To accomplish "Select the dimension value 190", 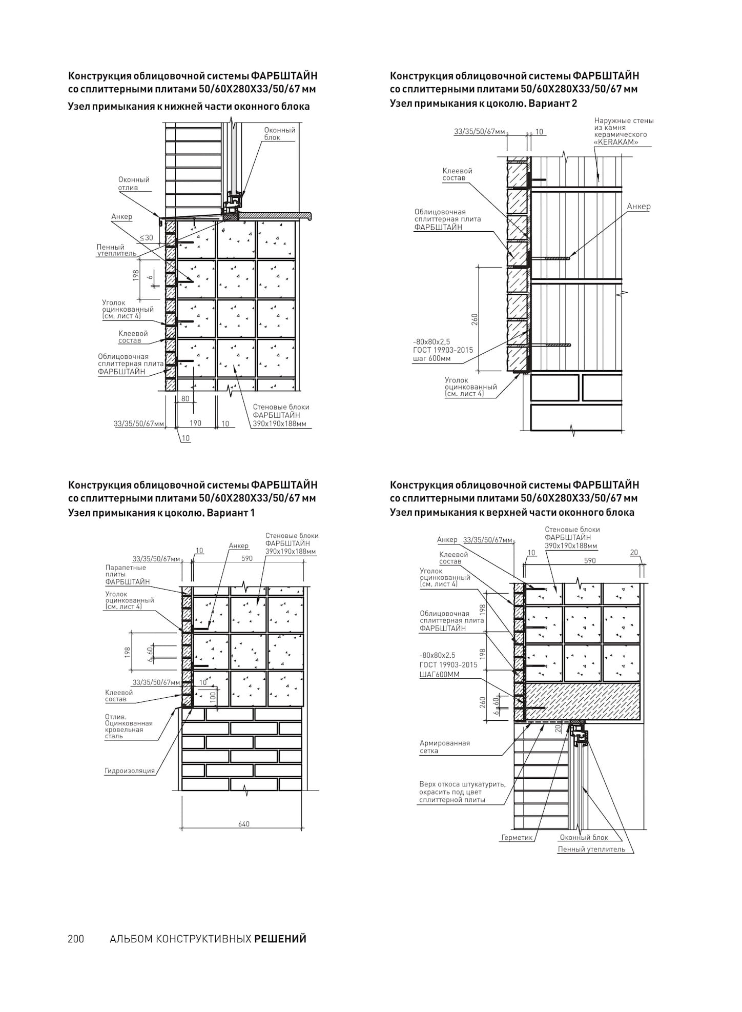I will pos(195,423).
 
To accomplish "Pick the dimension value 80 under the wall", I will pos(185,398).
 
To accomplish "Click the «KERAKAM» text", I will pos(616,142).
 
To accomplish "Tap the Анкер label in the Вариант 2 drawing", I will pos(638,207).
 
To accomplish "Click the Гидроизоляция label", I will pos(130,771).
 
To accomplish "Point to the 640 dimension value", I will pos(244,824).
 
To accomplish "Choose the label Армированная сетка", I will pos(444,747).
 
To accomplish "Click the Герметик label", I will pos(517,837).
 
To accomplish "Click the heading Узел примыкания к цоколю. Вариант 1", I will pos(161,513).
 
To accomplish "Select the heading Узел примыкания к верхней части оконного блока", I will pos(512,512).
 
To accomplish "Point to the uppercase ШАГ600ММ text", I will pos(439,674).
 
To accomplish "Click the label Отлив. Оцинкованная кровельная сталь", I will pos(129,726).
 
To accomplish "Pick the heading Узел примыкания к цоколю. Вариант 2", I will pos(483,103).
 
